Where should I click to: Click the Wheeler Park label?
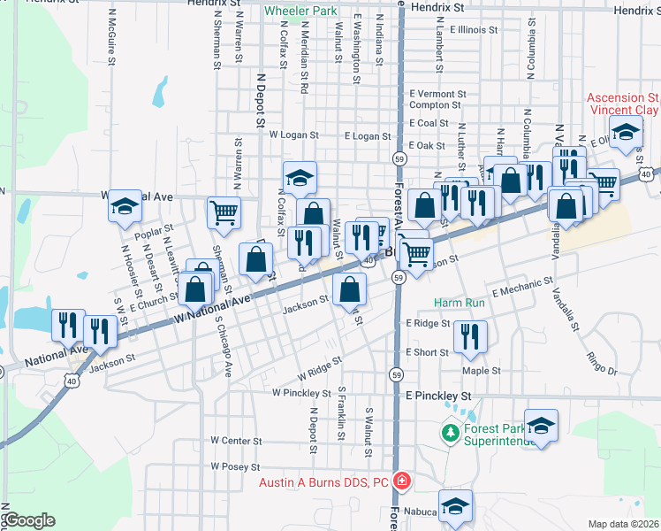coord(300,12)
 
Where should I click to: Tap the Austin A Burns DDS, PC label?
coord(323,482)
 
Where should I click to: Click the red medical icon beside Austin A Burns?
coord(402,481)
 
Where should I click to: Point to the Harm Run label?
coord(460,303)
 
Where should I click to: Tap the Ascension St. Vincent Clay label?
coord(623,104)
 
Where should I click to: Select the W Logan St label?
coord(293,135)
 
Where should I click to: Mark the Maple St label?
coord(481,371)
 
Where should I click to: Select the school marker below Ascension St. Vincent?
coord(627,133)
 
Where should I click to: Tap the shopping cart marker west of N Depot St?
coord(224,212)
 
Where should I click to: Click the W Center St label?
coord(237,440)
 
